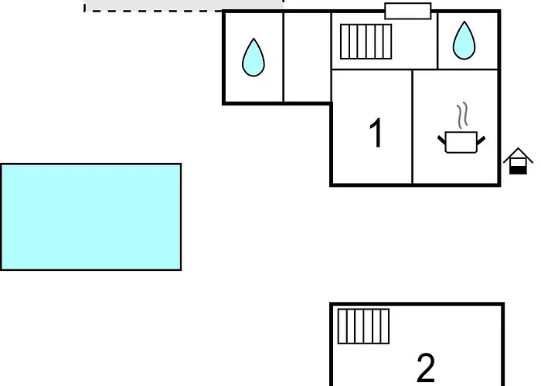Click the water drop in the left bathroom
pos(253,58)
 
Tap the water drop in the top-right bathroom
pos(464,41)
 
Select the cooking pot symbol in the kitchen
pos(461,141)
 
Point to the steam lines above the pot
pos(463,115)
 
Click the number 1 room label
pos(376,133)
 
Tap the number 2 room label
pos(426,367)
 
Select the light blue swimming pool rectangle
pos(91,217)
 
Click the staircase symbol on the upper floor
pos(366,42)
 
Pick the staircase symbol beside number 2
pos(364,327)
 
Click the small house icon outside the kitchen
pos(518,161)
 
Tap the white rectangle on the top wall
pos(408,11)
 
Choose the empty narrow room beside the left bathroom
pos(307,57)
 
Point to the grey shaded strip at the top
pos(184,5)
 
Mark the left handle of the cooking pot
pos(441,140)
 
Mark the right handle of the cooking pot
pos(481,141)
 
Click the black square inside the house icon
pos(518,170)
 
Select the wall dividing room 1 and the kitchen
pos(412,127)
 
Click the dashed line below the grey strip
pos(154,11)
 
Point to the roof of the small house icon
pos(518,154)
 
